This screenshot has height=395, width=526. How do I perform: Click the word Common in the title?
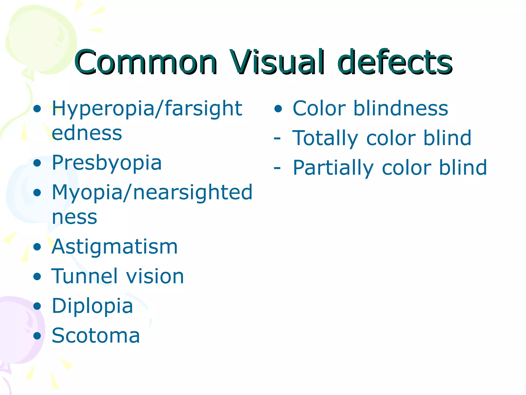pos(146,62)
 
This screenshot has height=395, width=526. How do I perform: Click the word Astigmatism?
pos(115,247)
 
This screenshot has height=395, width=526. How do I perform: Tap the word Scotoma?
pos(96,336)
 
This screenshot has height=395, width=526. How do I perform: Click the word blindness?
pos(401,108)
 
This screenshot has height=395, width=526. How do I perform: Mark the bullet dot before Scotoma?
pos(37,336)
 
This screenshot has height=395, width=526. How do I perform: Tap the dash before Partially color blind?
pos(277,168)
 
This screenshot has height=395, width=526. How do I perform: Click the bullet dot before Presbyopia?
pos(37,163)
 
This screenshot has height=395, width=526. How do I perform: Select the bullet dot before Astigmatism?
pos(37,247)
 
